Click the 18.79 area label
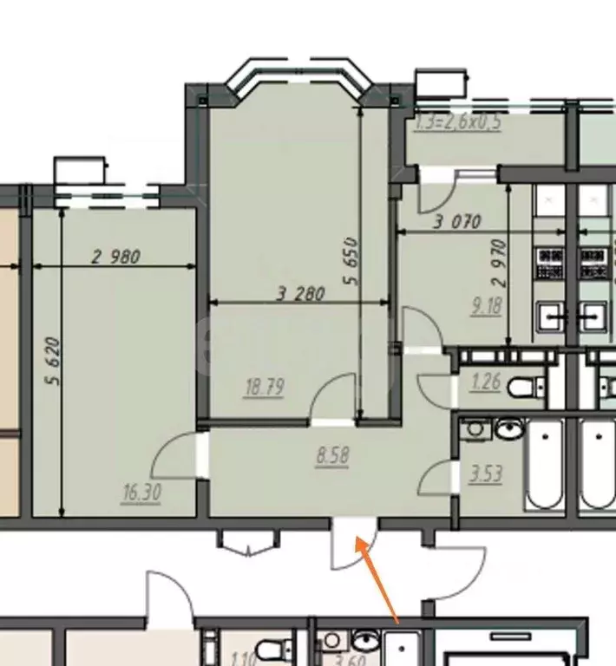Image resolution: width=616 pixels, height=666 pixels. [x=265, y=388]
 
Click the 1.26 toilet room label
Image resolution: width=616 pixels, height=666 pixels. [x=486, y=381]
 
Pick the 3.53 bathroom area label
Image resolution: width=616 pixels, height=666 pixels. [x=486, y=475]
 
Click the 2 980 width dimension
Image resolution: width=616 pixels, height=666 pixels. [x=115, y=257]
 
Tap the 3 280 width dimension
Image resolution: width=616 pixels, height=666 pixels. [x=300, y=294]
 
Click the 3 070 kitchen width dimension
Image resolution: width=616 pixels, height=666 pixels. [x=457, y=222]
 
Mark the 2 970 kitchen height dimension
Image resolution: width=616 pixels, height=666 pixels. [x=497, y=270]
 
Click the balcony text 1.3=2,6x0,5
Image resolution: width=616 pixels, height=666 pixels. [x=459, y=122]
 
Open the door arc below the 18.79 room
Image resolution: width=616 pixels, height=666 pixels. [x=333, y=395]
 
